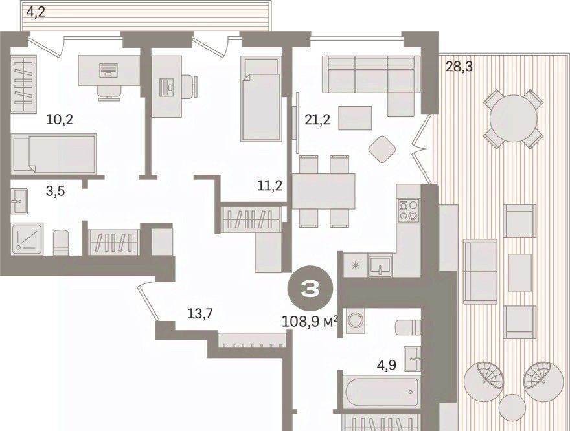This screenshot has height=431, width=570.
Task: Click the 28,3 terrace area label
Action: (x=459, y=67)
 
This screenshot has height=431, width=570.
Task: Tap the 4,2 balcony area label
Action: (x=36, y=12)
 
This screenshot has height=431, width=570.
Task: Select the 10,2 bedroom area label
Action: (x=60, y=119)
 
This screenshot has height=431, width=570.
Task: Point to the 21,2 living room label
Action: (x=317, y=119)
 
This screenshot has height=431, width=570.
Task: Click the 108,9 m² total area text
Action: (x=310, y=322)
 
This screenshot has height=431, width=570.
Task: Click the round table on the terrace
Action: (x=513, y=118)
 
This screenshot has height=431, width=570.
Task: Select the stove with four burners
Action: (x=409, y=210)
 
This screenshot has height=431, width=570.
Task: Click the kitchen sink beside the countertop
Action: (x=380, y=265)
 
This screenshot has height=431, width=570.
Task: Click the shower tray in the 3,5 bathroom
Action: (x=27, y=238)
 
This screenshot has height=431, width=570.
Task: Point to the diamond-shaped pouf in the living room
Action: (x=382, y=149)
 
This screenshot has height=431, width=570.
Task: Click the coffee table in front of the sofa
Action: (x=355, y=118)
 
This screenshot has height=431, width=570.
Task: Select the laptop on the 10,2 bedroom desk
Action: (x=108, y=70)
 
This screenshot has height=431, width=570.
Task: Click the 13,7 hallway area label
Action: (x=199, y=313)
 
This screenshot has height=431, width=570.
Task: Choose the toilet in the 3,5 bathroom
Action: (x=61, y=242)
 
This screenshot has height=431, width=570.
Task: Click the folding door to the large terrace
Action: (x=424, y=149)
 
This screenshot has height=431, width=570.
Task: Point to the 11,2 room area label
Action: (x=270, y=186)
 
